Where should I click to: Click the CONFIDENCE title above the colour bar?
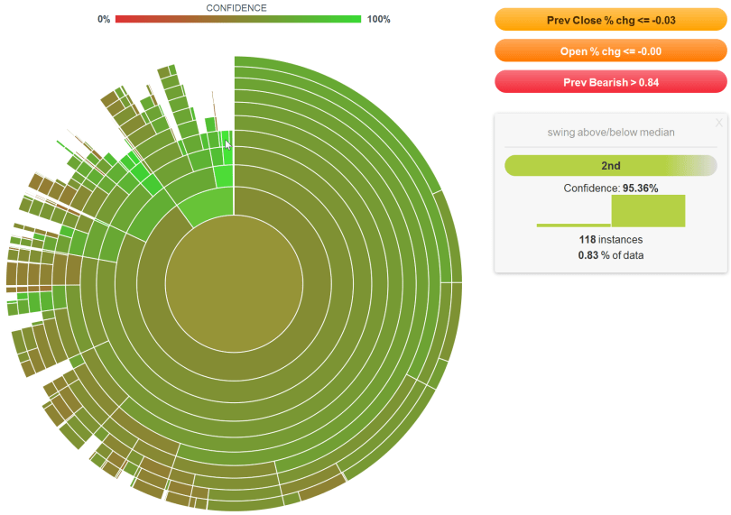click(236, 7)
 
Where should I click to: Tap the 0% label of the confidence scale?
click(104, 19)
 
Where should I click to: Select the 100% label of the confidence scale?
click(379, 19)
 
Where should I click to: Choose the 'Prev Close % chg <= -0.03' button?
click(610, 20)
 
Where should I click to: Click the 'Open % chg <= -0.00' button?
click(610, 51)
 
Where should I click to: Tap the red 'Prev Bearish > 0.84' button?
click(610, 82)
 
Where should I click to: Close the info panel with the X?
click(718, 123)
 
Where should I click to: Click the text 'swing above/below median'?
click(611, 133)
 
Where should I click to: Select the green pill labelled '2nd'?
click(610, 166)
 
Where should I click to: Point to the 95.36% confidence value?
click(640, 188)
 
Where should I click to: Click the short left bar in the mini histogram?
click(573, 225)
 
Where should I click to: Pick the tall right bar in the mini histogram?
click(648, 211)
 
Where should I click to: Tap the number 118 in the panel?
click(588, 239)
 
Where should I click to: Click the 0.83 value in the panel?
click(588, 255)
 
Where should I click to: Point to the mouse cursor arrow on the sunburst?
click(228, 144)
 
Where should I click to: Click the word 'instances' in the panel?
click(621, 239)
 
